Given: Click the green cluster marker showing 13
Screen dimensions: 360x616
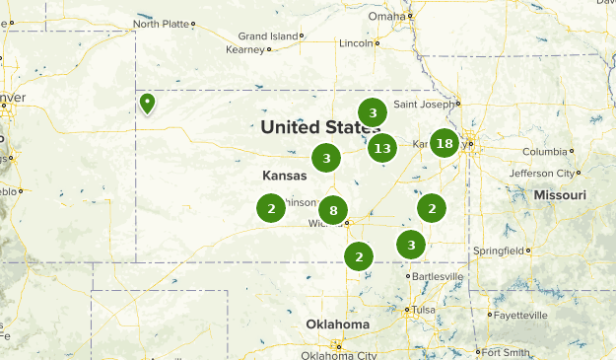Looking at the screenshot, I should (x=382, y=149).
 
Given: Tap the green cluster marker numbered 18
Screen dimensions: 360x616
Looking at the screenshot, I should (x=445, y=143).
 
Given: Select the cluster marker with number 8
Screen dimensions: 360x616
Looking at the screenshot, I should (x=333, y=209).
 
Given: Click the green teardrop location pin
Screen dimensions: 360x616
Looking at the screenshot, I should (x=147, y=103).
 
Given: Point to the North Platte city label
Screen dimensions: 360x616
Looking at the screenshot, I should (x=161, y=24).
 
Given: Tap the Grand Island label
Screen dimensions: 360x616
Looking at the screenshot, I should (x=268, y=36).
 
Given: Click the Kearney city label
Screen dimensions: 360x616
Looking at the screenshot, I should (x=245, y=48).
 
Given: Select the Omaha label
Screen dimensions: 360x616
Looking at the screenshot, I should (x=386, y=16).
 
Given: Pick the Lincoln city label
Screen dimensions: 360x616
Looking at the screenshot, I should (x=356, y=43).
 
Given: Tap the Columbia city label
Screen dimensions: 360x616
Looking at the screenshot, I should (x=545, y=152).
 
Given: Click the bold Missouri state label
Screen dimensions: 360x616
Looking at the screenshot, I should (x=560, y=195).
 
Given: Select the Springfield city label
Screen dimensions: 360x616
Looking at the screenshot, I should (x=500, y=251).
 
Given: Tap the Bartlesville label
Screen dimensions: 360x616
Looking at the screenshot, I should (x=437, y=276).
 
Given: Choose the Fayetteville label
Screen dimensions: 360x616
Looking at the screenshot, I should (x=521, y=316).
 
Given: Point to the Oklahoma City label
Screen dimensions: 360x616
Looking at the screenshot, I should (x=340, y=355).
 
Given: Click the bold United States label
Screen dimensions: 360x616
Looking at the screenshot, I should (x=319, y=126).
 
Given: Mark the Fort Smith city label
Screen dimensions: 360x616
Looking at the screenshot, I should (x=506, y=352).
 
